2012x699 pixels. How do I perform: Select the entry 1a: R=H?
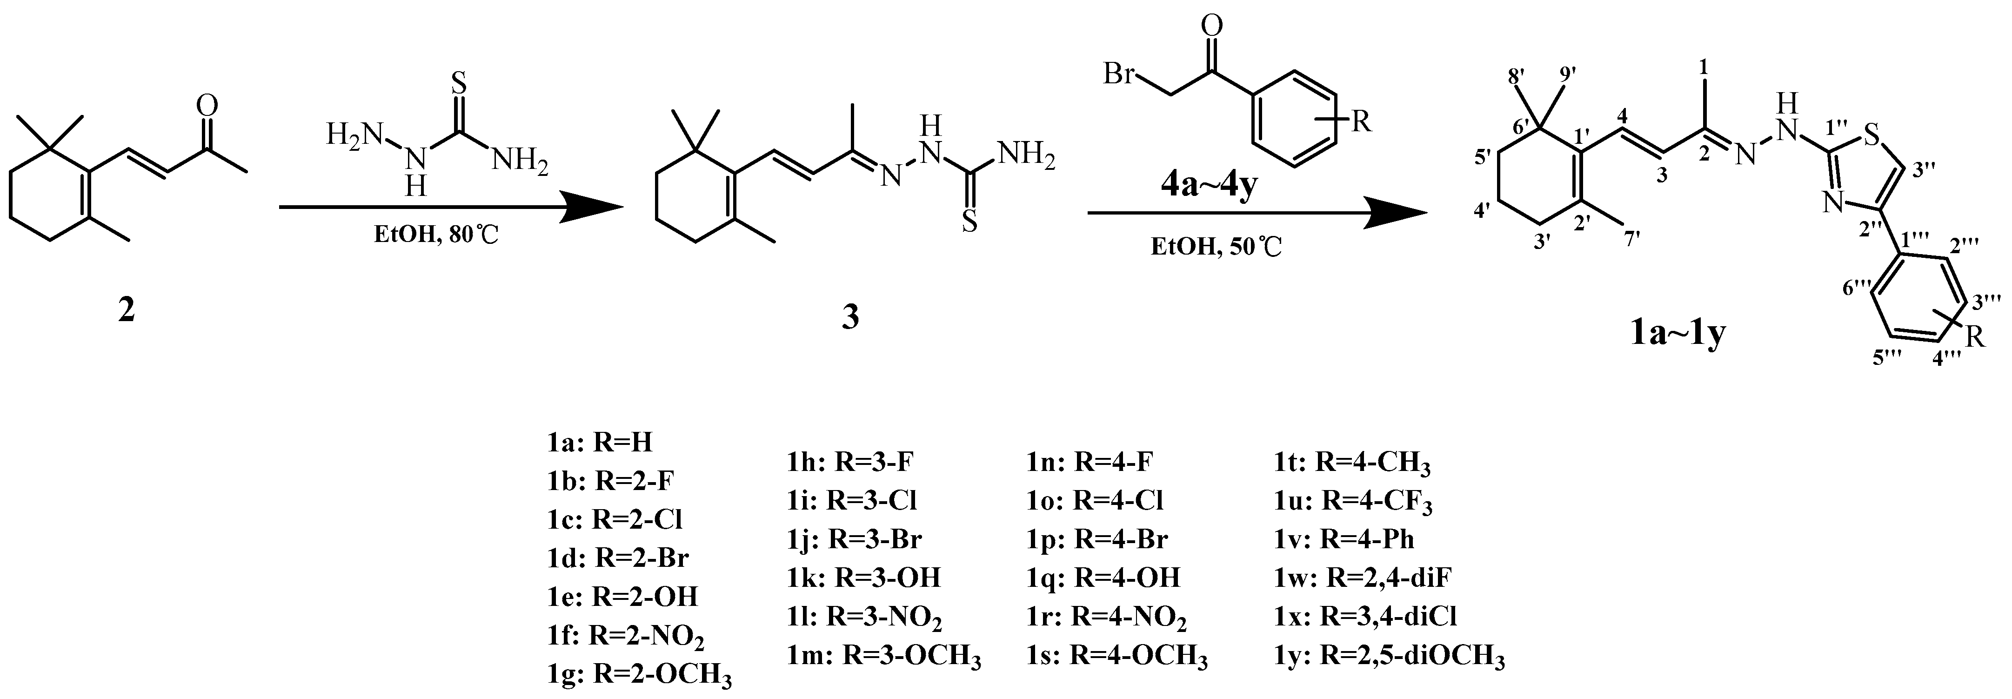click(599, 443)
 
